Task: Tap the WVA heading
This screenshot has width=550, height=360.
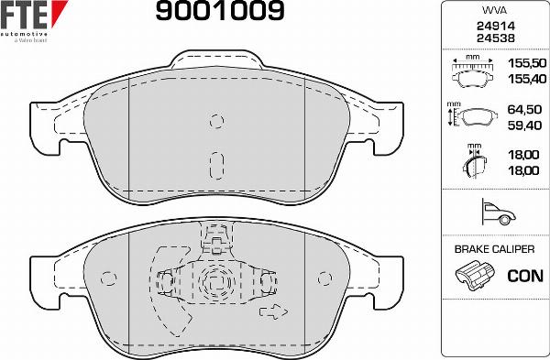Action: click(494, 12)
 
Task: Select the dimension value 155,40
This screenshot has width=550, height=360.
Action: click(523, 80)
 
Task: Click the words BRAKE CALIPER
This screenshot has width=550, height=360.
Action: click(494, 248)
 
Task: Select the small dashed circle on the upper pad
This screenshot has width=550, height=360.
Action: click(216, 120)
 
